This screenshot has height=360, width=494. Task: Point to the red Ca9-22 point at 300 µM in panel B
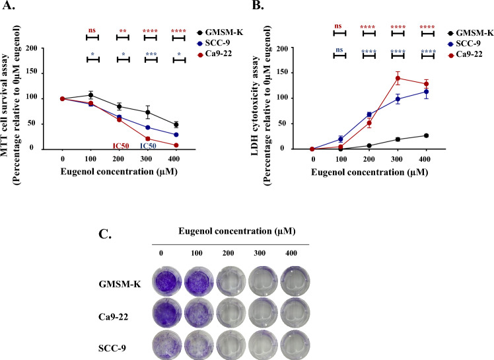(398, 78)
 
